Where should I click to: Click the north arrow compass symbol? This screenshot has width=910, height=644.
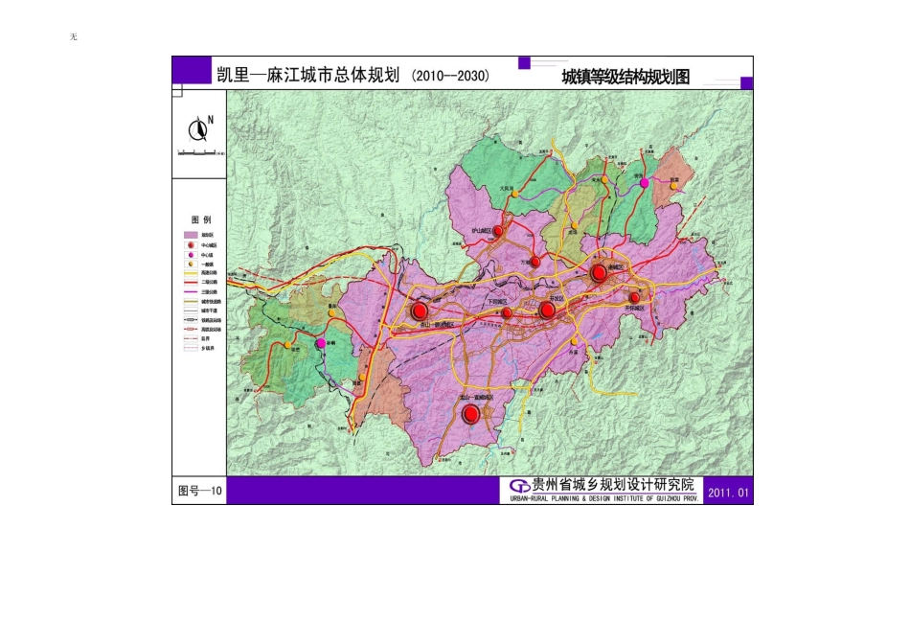199,128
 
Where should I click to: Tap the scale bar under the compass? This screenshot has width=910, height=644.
198,151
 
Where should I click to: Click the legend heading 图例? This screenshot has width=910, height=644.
199,219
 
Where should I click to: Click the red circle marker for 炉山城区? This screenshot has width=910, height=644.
498,231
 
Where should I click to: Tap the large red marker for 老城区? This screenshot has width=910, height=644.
599,273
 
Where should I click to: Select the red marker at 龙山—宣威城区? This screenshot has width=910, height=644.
470,414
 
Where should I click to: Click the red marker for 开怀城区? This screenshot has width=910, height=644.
634,298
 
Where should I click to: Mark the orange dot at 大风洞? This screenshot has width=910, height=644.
514,194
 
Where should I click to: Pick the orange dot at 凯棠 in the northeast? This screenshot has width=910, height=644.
674,186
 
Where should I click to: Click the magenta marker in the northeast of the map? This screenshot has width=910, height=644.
645,182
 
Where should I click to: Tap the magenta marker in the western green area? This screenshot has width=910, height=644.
320,343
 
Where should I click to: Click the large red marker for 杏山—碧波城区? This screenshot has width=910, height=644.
419,311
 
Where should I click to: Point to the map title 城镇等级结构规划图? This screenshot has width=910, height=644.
626,79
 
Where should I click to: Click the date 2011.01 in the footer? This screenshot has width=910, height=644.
727,493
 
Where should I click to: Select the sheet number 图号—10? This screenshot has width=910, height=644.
200,492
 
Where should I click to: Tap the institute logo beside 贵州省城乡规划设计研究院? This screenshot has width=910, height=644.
520,486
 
